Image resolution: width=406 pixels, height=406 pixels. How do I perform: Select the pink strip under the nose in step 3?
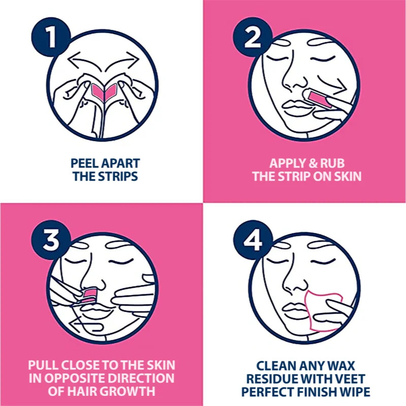point(91,294)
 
